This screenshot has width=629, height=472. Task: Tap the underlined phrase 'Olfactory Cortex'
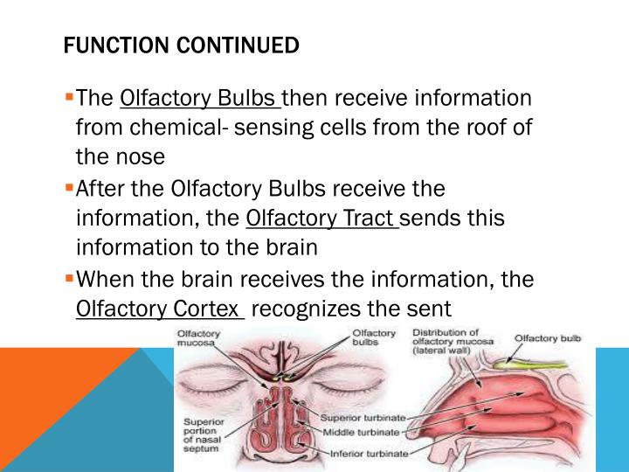(x=159, y=308)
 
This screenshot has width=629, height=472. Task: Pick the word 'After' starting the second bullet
(x=99, y=188)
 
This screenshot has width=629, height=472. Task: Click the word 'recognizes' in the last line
(x=317, y=308)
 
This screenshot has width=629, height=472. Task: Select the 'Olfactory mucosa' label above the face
(x=197, y=338)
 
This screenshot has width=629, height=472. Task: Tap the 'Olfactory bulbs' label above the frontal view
(x=373, y=338)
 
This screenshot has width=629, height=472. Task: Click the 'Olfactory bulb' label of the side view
(x=550, y=339)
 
